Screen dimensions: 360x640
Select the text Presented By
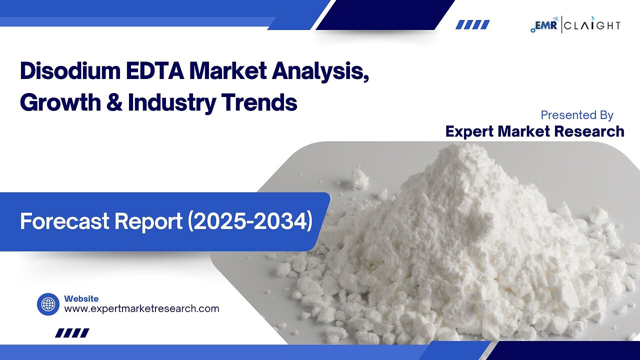pyautogui.click(x=577, y=115)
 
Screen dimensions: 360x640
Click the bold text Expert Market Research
pyautogui.click(x=534, y=131)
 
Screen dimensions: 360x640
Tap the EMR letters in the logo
pyautogui.click(x=547, y=24)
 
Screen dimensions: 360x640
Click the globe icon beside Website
pyautogui.click(x=48, y=304)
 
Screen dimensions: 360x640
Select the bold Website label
pyautogui.click(x=81, y=298)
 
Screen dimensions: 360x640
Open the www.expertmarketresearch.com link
pyautogui.click(x=141, y=308)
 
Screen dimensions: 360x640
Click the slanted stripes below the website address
pyautogui.click(x=72, y=332)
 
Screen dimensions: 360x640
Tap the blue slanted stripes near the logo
pyautogui.click(x=472, y=24)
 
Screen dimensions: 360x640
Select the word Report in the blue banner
pyautogui.click(x=150, y=221)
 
